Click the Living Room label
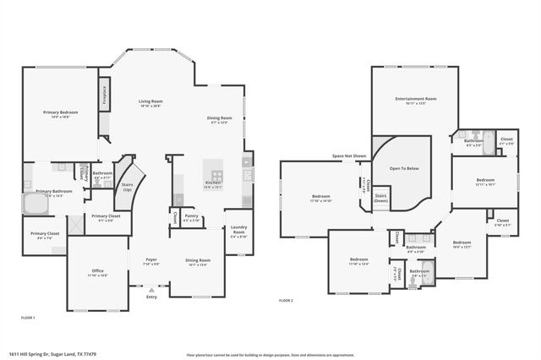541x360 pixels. coord(150,103)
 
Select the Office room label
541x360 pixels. coord(98,272)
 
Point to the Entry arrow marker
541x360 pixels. coord(152,289)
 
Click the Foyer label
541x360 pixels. coord(151,261)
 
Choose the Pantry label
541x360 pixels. coord(191,218)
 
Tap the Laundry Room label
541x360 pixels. coord(238,231)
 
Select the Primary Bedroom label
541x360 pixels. coord(59,114)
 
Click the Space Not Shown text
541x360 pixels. coord(349,156)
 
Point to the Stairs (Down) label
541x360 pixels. coord(381,199)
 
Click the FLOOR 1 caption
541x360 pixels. coord(28,317)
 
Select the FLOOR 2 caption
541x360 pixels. coord(286,300)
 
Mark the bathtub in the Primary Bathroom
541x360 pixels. coord(33,205)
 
